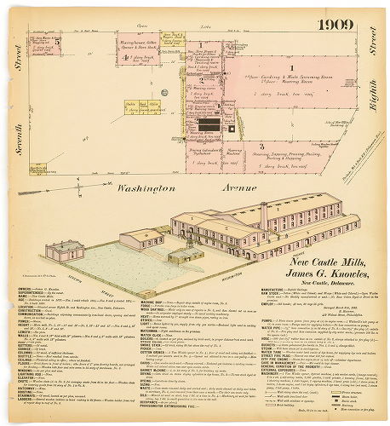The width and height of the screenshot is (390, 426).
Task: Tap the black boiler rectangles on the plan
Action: (x=208, y=124)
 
